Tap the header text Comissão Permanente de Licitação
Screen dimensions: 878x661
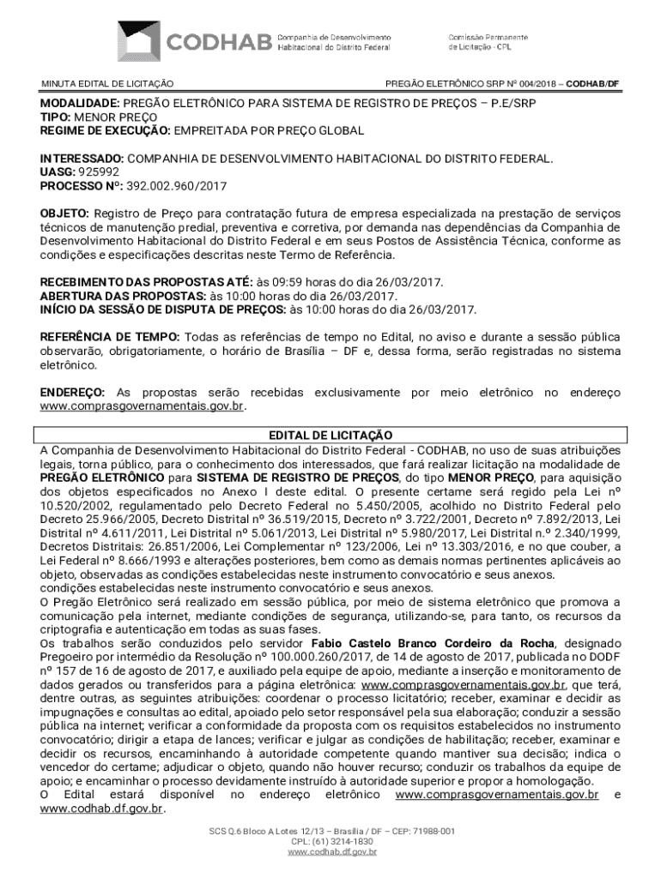pos(482,40)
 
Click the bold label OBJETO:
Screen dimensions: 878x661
pos(64,212)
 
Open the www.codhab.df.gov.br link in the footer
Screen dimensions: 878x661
pos(330,851)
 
